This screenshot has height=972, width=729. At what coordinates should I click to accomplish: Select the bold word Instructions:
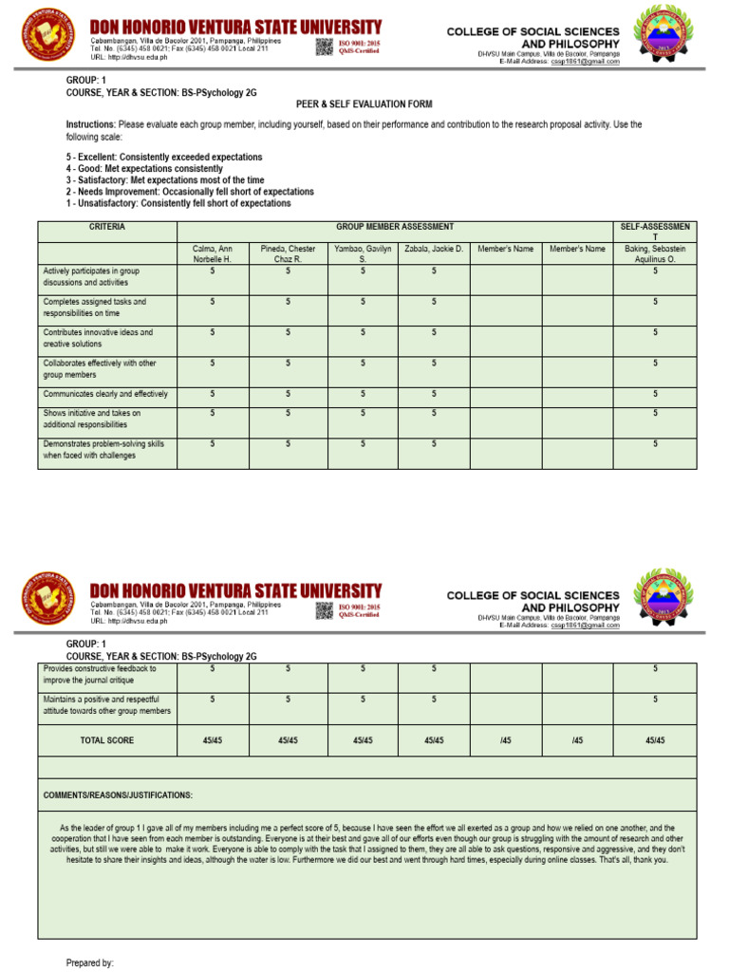[x=91, y=124]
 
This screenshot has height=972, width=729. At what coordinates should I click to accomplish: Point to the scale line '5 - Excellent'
[x=164, y=157]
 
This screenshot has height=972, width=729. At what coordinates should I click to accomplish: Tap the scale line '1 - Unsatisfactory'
[x=178, y=203]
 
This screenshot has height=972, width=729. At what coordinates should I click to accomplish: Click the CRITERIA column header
[x=107, y=228]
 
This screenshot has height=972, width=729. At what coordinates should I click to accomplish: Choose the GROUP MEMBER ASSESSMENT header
[x=395, y=228]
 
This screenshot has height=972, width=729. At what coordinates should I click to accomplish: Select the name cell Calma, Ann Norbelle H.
[x=213, y=253]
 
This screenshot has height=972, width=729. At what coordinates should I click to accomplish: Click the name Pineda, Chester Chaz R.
[x=287, y=253]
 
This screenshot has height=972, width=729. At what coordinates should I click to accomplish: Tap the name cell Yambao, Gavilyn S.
[x=362, y=253]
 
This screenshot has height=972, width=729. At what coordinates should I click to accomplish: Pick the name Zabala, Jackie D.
[x=433, y=249]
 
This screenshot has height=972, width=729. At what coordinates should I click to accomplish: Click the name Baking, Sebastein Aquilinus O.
[x=654, y=253]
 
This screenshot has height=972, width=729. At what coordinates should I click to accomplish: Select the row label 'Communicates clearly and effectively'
[x=105, y=394]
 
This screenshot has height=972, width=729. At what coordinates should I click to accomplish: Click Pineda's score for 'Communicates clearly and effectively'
[x=287, y=394]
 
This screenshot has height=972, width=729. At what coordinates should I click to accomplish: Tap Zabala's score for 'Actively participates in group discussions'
[x=434, y=271]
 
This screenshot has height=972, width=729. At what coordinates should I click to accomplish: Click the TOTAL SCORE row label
[x=107, y=740]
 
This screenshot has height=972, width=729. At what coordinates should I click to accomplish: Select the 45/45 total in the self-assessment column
[x=654, y=740]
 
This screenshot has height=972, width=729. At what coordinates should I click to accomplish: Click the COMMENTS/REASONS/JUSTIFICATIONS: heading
[x=119, y=794]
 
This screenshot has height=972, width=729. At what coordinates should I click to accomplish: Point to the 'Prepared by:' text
[x=89, y=963]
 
